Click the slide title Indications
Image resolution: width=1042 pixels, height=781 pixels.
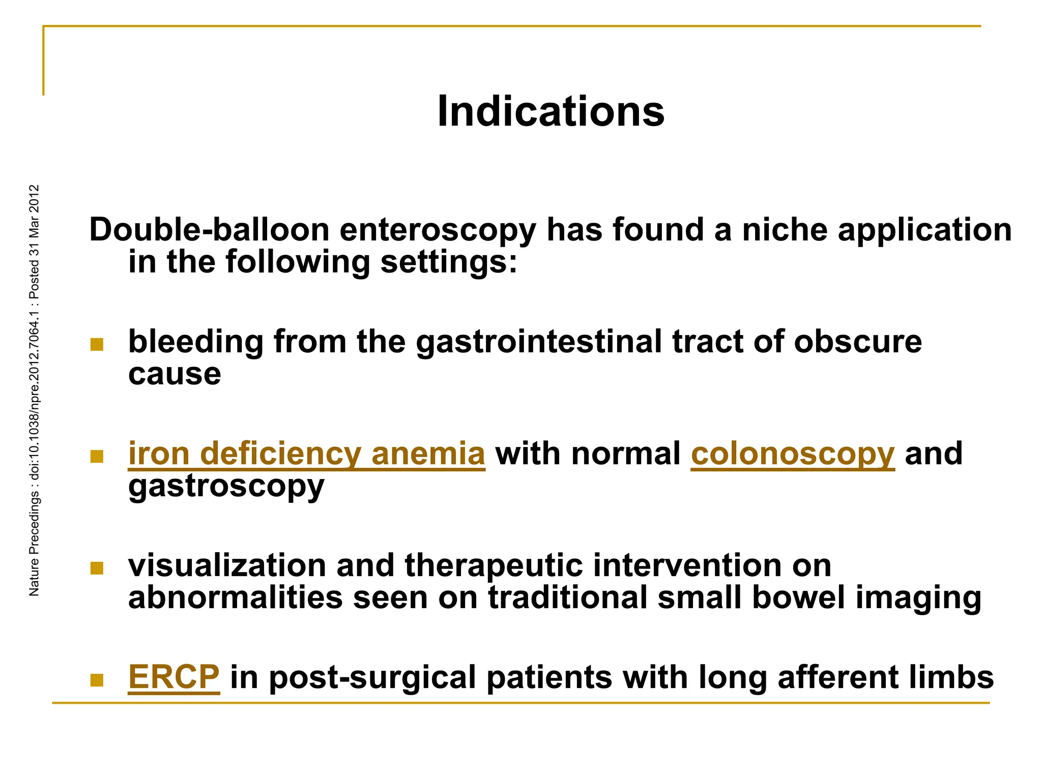pos(551,111)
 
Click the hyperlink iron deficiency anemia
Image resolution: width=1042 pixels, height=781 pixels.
pos(306,454)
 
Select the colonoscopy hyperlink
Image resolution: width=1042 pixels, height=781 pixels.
pos(792,454)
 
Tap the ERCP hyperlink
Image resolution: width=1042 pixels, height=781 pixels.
pos(173,677)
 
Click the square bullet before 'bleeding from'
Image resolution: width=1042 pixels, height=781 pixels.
pos(97,344)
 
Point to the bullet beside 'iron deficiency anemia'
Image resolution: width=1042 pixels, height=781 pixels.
pos(97,456)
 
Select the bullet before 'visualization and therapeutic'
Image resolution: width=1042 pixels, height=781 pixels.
pos(97,568)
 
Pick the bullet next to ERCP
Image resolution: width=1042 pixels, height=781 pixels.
pos(97,680)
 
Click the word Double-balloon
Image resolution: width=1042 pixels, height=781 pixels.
pos(209,230)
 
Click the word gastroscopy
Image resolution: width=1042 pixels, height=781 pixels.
pos(226,487)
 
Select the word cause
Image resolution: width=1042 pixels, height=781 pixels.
pos(175,374)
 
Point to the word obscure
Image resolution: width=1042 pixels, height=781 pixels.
pos(857,342)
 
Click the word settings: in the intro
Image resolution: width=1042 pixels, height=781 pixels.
pos(448,262)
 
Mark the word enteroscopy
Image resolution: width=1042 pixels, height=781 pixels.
pos(438,230)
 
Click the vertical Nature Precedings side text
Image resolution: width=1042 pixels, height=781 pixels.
pos(34,390)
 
